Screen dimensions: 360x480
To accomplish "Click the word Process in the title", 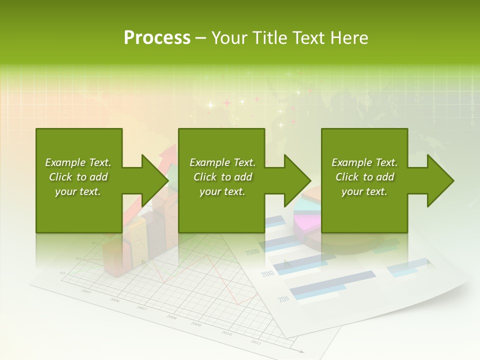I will [157, 38].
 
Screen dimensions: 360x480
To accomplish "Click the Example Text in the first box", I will [78, 162].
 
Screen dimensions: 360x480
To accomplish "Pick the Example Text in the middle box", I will [222, 162].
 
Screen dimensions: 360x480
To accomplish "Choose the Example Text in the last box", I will [364, 162].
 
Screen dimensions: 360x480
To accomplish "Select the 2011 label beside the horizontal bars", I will [283, 299].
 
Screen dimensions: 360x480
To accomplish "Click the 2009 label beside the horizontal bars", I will [252, 251].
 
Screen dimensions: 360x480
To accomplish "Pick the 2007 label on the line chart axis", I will [142, 308].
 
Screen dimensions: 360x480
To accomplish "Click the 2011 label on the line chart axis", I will [255, 342].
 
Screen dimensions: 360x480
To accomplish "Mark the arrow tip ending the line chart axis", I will [301, 351].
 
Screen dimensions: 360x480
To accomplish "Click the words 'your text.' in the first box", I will [78, 191].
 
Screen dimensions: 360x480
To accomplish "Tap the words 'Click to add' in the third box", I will [364, 177].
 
